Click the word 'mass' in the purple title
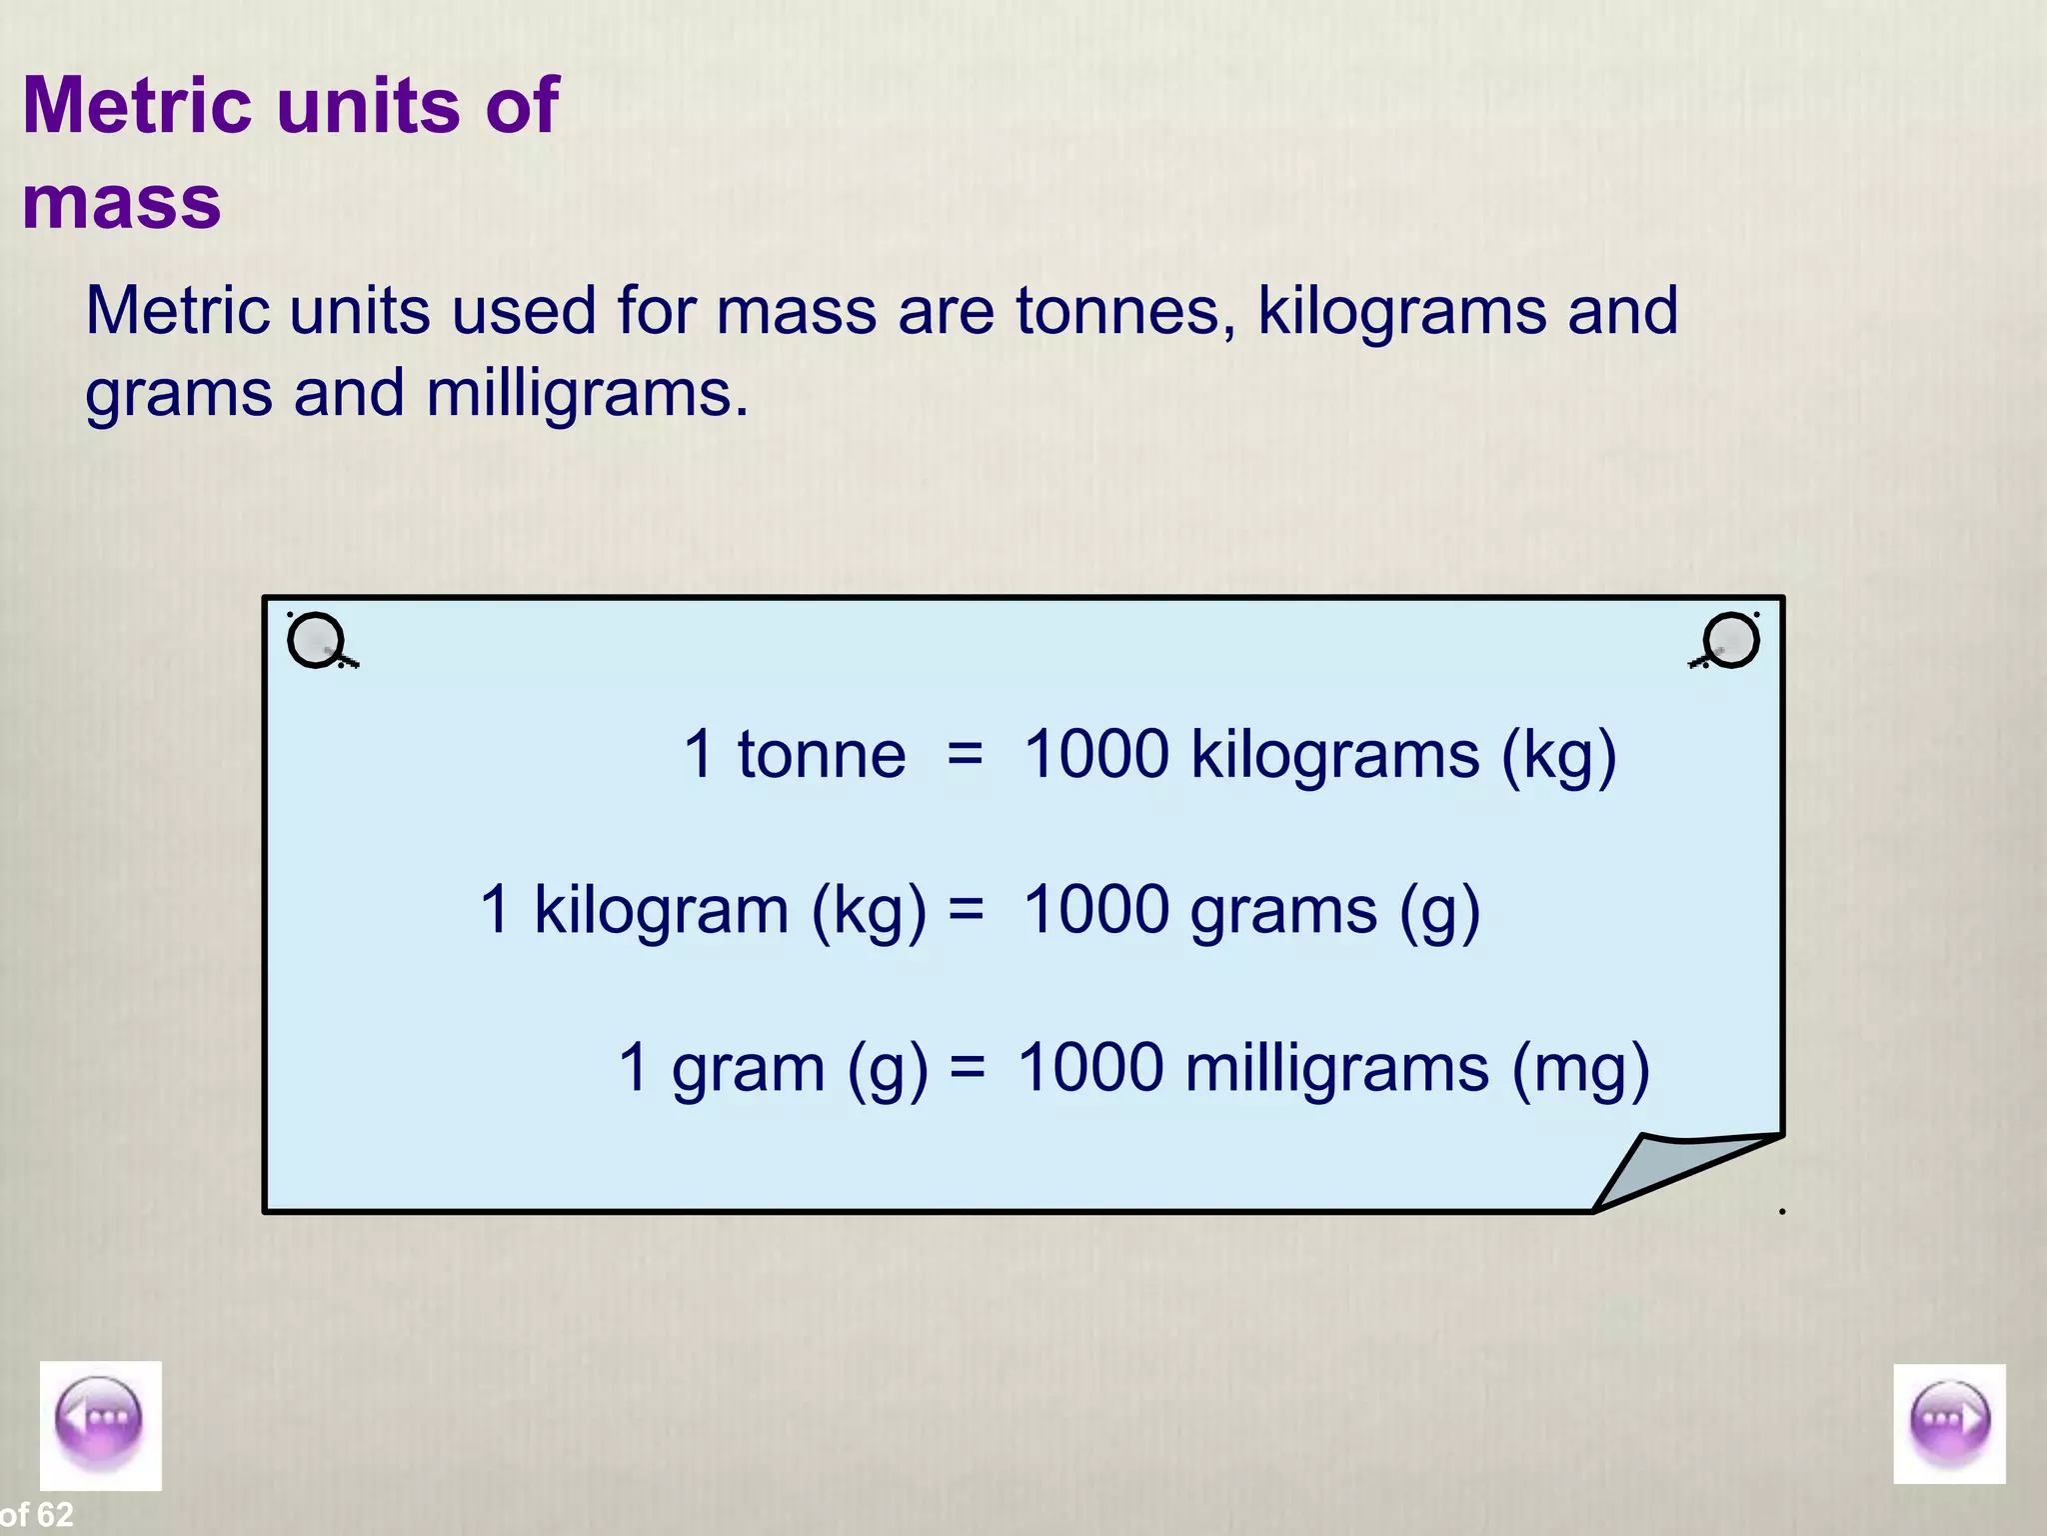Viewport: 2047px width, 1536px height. coord(121,202)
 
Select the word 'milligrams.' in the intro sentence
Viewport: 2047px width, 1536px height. coord(587,393)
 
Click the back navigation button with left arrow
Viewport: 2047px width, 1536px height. coord(100,1425)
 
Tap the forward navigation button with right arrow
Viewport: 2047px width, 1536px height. coord(1949,1423)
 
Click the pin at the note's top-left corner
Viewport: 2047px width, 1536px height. coord(317,640)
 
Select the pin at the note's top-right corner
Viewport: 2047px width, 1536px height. coord(1730,640)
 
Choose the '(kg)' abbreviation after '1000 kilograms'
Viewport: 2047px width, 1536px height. coord(1558,756)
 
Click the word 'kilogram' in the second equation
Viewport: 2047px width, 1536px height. coord(662,910)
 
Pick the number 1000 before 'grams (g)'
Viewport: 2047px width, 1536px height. coord(1095,910)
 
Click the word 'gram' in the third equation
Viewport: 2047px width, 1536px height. coord(748,1069)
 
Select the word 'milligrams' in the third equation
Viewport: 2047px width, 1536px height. coord(1336,1067)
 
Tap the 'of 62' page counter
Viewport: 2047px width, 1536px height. coord(37,1515)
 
